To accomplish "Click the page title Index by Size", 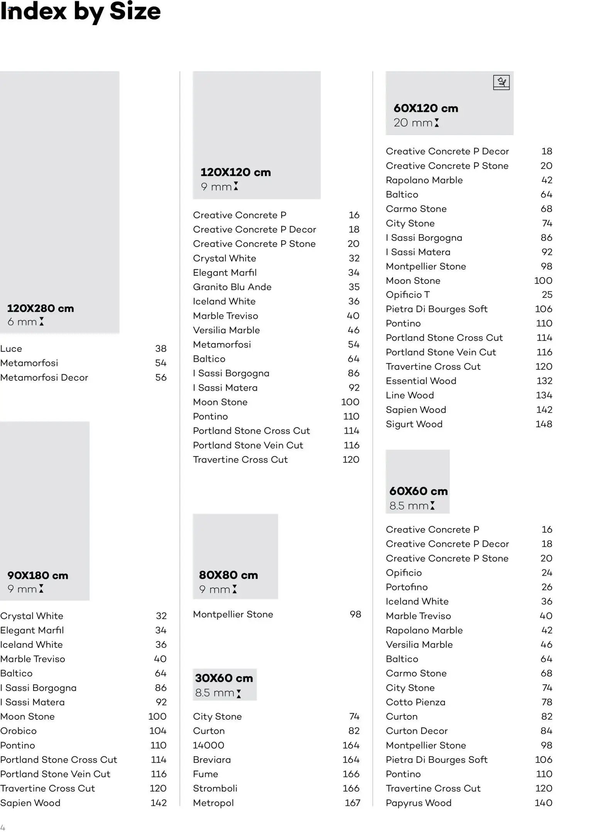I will (x=80, y=12).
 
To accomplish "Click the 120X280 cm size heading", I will (x=41, y=308).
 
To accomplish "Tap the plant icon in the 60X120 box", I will (x=501, y=83).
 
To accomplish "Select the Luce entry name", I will (x=11, y=348).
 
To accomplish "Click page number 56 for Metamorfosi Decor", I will (x=161, y=377).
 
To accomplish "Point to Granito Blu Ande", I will (x=232, y=287).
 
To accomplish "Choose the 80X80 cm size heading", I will (x=228, y=575).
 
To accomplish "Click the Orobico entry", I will (x=19, y=731).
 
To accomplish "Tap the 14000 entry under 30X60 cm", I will (x=208, y=745).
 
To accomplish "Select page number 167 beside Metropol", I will (x=352, y=803).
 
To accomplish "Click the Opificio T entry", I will (x=407, y=295).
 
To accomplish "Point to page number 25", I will (x=547, y=295).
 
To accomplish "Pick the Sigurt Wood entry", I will (x=414, y=424).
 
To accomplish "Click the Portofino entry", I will (x=407, y=587).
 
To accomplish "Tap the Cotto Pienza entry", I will (x=416, y=702).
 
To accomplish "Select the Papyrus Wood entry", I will (x=418, y=803).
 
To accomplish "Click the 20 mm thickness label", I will (x=413, y=123).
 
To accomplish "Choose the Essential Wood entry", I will (x=421, y=381).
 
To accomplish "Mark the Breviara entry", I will (x=212, y=760).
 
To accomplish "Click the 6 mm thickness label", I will (x=22, y=322).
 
